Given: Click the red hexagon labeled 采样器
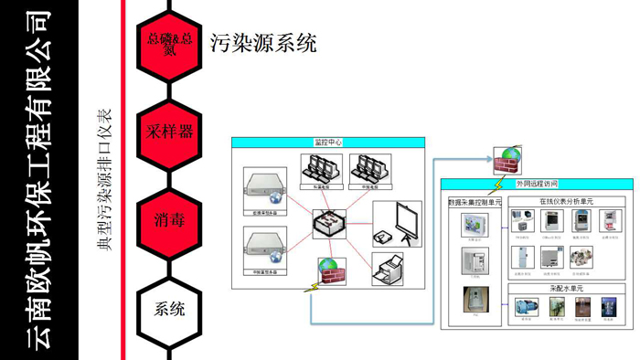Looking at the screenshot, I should click(x=169, y=131).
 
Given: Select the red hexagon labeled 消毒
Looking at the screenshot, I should click(x=169, y=219).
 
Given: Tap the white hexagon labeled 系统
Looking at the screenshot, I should click(x=169, y=308).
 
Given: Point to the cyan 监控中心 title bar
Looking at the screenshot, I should click(x=328, y=143).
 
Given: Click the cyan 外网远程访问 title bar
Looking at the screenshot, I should click(x=537, y=184).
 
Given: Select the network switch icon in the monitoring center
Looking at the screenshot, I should click(x=328, y=224).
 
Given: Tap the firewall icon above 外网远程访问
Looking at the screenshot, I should click(x=506, y=162).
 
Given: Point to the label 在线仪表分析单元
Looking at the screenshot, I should click(x=566, y=200).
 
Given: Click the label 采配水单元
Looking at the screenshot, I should click(x=566, y=288).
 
